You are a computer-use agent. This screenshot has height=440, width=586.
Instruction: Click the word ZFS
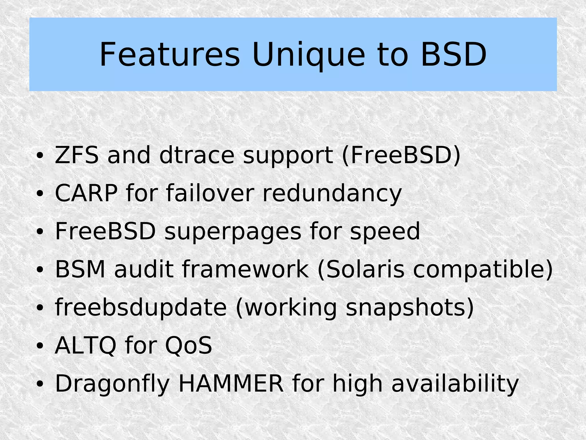click(76, 155)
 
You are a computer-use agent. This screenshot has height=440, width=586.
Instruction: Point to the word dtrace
click(197, 155)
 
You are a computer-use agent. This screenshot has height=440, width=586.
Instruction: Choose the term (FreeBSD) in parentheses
click(401, 155)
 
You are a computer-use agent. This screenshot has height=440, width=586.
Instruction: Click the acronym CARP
click(86, 193)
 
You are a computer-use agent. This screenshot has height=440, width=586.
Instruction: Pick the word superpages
click(232, 232)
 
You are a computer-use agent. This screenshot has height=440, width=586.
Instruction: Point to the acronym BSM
click(80, 269)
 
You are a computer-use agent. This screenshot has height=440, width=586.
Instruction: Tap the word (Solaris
click(361, 269)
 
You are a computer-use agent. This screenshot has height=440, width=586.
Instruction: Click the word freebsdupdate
click(140, 308)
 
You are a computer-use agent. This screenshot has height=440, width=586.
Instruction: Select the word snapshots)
click(410, 308)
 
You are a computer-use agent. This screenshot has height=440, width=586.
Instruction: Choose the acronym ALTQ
click(85, 346)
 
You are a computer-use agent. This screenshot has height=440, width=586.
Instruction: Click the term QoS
click(188, 346)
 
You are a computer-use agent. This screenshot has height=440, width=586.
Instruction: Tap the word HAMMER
click(231, 384)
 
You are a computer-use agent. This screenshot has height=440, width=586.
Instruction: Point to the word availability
click(455, 384)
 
